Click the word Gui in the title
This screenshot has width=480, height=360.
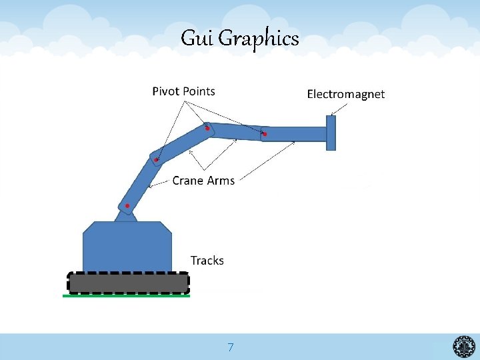pyautogui.click(x=197, y=39)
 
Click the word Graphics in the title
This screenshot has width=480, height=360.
pyautogui.click(x=259, y=39)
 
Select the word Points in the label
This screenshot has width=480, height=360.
pyautogui.click(x=199, y=91)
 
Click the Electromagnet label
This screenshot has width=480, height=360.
pyautogui.click(x=345, y=94)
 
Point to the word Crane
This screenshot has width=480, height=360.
pyautogui.click(x=189, y=181)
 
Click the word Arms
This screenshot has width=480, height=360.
pyautogui.click(x=222, y=181)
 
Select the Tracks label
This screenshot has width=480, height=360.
pyautogui.click(x=207, y=261)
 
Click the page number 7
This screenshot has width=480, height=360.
pyautogui.click(x=230, y=347)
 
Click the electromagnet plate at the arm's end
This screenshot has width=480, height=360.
pyautogui.click(x=331, y=133)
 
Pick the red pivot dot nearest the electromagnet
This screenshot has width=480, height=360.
pyautogui.click(x=265, y=135)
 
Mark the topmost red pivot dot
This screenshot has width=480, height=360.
pyautogui.click(x=207, y=128)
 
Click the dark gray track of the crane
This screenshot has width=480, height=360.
pyautogui.click(x=128, y=283)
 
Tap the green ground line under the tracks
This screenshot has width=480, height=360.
pyautogui.click(x=126, y=295)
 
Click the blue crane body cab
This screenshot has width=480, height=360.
pyautogui.click(x=127, y=247)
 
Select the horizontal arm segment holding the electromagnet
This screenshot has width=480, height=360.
pyautogui.click(x=297, y=133)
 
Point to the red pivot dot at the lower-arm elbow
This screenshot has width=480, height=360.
pyautogui.click(x=156, y=160)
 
